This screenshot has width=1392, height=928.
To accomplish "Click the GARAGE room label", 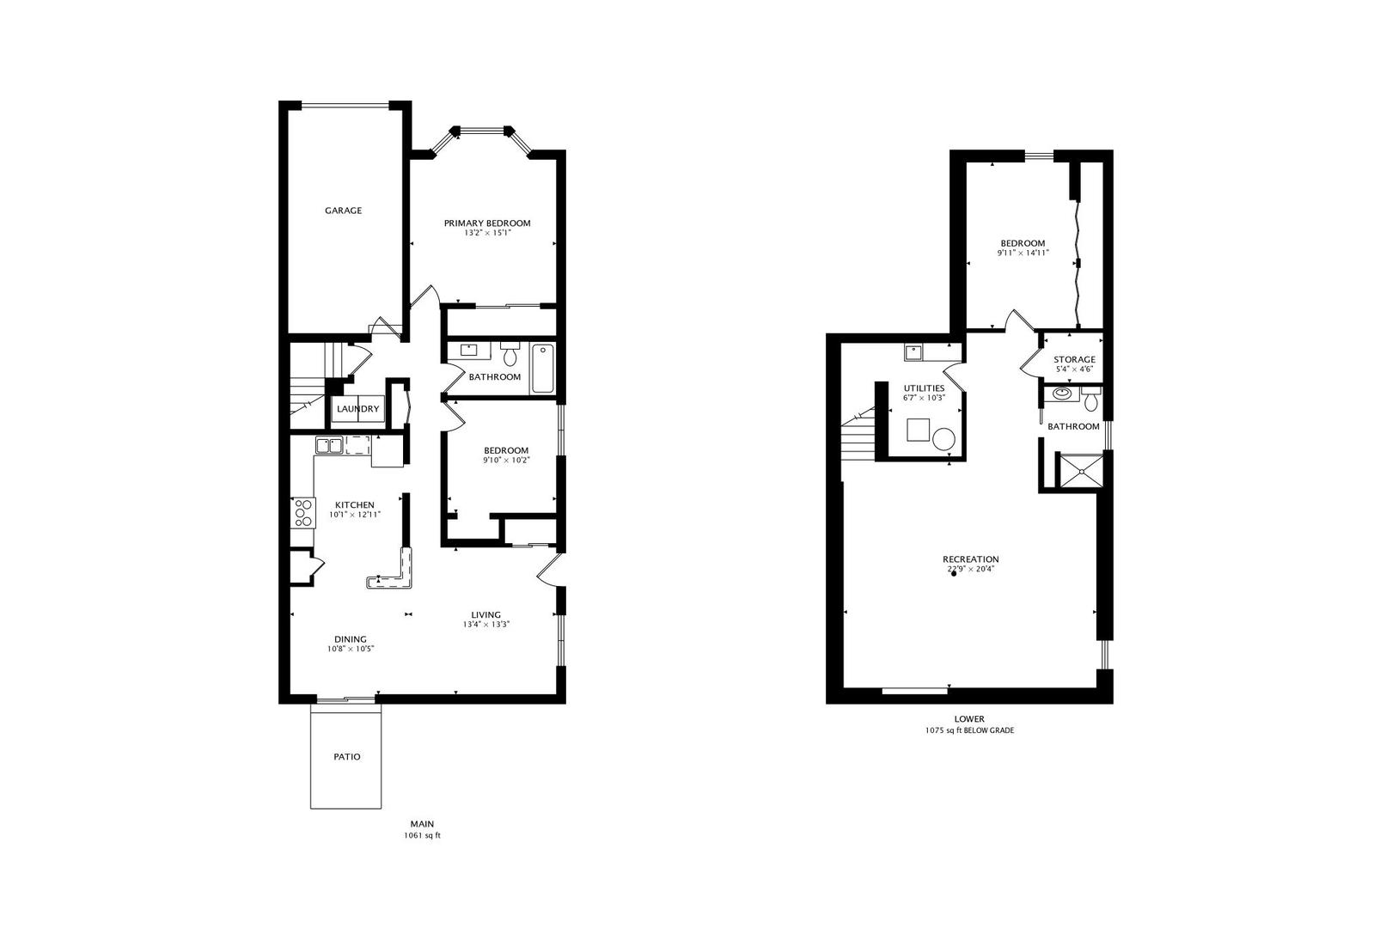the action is point(343,211).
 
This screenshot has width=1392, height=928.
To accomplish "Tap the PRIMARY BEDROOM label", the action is point(487,223).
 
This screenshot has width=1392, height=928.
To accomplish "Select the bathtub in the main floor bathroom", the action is point(542,369).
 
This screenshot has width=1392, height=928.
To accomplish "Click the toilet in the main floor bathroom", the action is point(510,354).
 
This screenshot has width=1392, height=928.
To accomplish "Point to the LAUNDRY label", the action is point(358,409).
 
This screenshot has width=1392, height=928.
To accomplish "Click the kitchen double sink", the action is point(329,446).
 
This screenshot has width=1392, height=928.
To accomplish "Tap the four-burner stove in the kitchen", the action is point(302,514).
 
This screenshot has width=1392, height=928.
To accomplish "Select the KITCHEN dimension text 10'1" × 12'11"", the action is point(355,515).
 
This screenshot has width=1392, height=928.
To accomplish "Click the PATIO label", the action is point(347,757).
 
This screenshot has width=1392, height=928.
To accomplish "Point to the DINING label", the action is point(351,639).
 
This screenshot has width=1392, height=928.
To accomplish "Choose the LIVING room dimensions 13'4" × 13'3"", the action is point(486,625).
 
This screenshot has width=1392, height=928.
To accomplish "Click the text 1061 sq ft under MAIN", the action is point(422,836).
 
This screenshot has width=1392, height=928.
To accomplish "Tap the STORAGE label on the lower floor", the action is point(1074,359).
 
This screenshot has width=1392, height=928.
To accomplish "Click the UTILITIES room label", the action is point(924,388).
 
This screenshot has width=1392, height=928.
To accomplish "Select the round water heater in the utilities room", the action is point(944,439).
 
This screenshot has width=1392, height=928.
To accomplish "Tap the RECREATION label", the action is point(971,559).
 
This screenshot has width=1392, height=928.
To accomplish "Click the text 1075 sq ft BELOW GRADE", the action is point(969,731).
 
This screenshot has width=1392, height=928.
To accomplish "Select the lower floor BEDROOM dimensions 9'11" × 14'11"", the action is point(1023,253).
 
